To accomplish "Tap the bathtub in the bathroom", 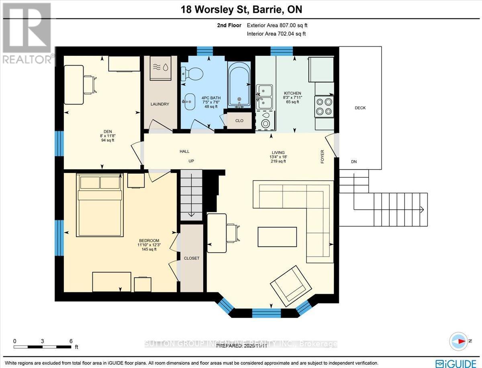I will tap(239, 85).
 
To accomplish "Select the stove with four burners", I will tap(324, 107).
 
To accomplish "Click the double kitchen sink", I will tap(265, 97).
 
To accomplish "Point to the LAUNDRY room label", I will tap(159, 104).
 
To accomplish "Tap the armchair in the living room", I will tap(290, 286).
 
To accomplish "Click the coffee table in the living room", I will tap(278, 236).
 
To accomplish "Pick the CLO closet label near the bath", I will tap(239, 120).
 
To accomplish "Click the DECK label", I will tap(360, 108).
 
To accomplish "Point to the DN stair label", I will tap(353, 162).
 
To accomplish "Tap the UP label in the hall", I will tap(191, 161).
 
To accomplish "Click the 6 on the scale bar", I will tap(71, 341).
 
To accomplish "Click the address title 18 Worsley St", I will tap(241, 10).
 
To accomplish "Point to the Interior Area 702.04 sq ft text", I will tap(276, 34).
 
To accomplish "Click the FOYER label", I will tap(322, 157).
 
